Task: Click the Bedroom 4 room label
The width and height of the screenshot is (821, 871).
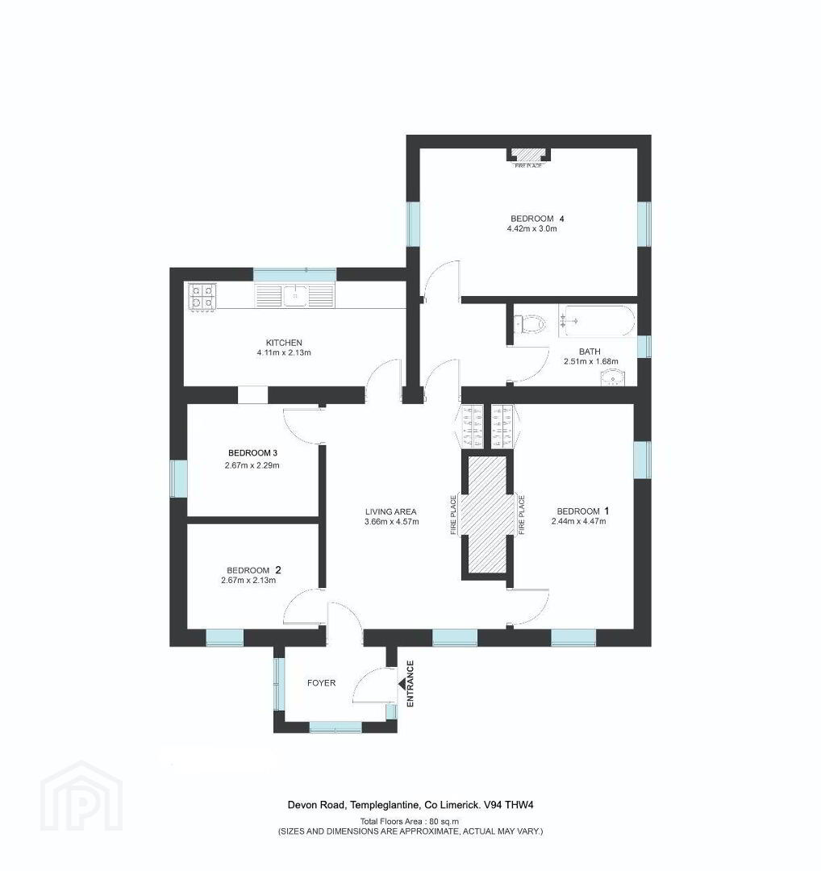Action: tap(533, 219)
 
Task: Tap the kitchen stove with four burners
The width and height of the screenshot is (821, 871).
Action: tap(202, 296)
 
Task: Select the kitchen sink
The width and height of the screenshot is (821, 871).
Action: tap(294, 295)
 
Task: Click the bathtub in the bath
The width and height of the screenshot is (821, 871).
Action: tap(597, 321)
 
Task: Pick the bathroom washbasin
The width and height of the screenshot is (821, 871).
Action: tap(613, 377)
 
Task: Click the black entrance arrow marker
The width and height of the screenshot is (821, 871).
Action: tap(402, 684)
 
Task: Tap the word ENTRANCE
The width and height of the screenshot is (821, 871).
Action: tap(410, 684)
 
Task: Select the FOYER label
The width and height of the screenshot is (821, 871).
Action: tap(321, 683)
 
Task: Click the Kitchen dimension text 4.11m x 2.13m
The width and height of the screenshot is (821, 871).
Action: tap(284, 352)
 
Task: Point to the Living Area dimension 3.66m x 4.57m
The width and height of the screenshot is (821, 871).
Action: tap(392, 522)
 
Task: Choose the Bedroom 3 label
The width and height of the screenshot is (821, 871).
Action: tap(252, 453)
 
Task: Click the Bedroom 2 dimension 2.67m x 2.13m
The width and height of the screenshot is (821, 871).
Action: tap(248, 581)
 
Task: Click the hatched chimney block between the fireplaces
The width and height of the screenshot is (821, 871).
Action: tap(487, 514)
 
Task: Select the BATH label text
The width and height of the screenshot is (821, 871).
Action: tap(590, 352)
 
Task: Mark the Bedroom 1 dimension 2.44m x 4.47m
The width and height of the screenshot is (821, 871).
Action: tap(579, 522)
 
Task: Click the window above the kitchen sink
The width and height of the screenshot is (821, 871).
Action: tap(295, 274)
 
